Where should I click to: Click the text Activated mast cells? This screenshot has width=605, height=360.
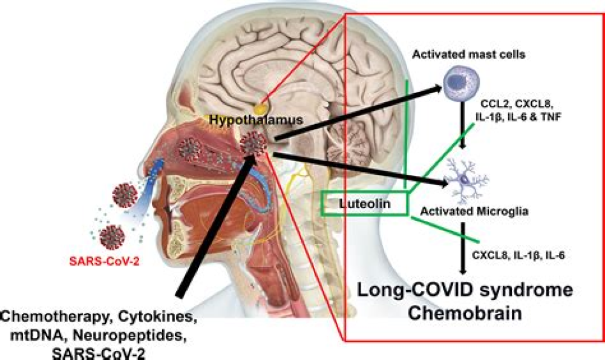point(468,54)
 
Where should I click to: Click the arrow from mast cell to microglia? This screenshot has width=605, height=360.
point(462,134)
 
